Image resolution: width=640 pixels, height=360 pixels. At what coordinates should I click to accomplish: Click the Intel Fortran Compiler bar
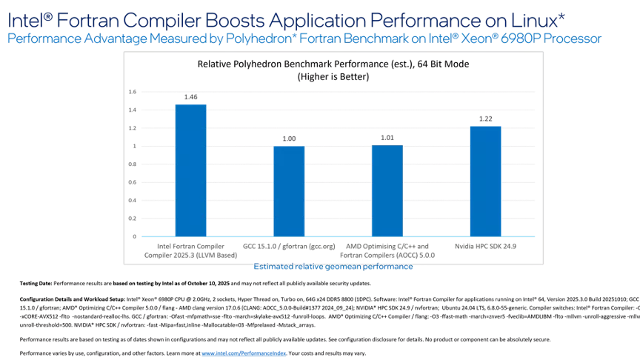pos(190,170)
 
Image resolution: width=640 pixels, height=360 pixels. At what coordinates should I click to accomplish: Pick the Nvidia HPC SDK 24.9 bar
pos(485,181)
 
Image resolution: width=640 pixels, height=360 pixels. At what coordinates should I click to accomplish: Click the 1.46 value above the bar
pos(190,97)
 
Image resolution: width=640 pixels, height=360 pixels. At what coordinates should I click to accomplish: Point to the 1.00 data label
pos(289,139)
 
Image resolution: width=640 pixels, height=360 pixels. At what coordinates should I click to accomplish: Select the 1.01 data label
pos(387,138)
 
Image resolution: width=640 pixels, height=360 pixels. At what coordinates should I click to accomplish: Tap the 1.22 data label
pos(485,119)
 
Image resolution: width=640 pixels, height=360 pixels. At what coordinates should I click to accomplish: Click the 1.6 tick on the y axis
pos(132,92)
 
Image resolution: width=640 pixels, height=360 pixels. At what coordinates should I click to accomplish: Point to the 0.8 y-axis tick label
pos(132,164)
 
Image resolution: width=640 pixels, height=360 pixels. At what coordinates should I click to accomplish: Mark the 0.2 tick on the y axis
pos(132,219)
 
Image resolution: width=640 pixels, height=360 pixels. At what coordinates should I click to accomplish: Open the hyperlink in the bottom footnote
pos(244,353)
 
